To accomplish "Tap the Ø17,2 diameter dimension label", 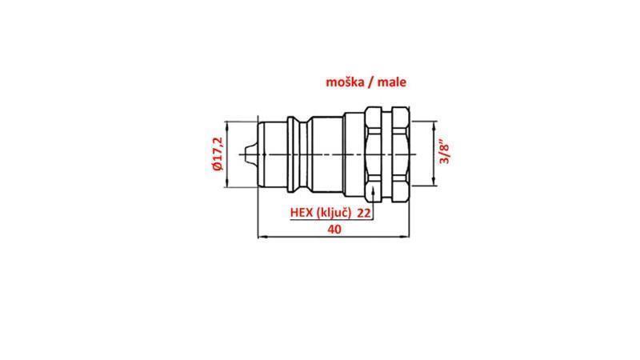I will (216, 154).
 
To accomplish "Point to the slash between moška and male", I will (369, 81).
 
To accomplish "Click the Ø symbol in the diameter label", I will (216, 170).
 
